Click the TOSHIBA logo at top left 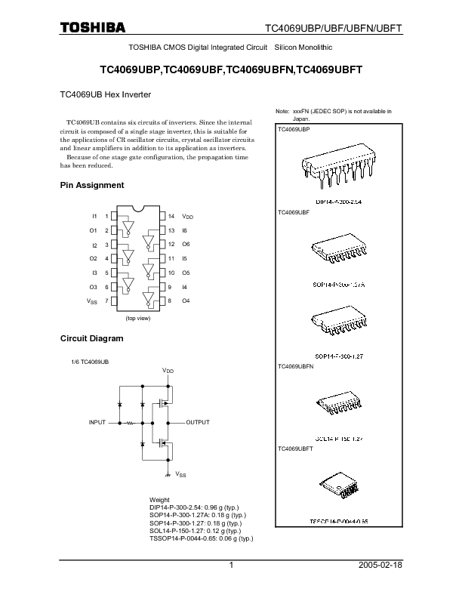pos(92,28)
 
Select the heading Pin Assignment pos(92,185)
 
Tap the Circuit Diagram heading pos(91,338)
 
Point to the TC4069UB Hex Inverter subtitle pos(106,96)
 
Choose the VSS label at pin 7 pos(93,302)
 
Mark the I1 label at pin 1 pos(94,216)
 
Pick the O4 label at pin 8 pos(186,301)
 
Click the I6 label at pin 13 pos(185,230)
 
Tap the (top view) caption pos(138,319)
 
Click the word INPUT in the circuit pos(98,422)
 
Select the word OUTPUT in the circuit pos(198,422)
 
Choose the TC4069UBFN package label pos(296,366)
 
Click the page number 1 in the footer pos(232,566)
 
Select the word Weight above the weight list pos(160,501)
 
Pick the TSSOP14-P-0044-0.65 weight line pos(202,538)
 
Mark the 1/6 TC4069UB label pos(89,363)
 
